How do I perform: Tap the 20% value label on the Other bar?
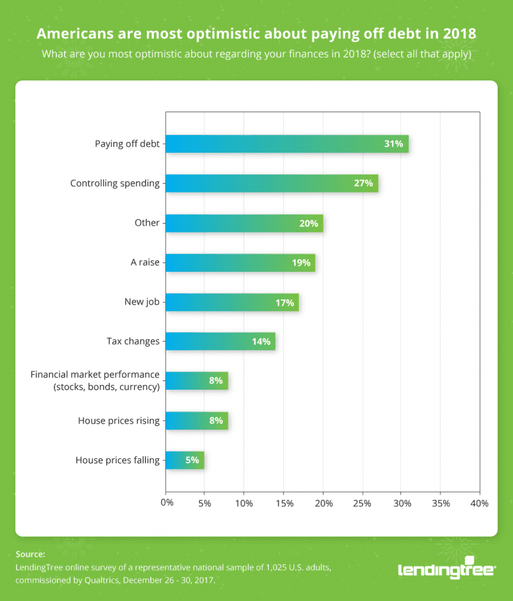point(308,223)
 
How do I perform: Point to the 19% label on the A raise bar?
point(301,262)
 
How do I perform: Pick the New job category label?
point(141,302)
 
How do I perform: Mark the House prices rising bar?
point(196,420)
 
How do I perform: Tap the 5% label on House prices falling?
point(192,460)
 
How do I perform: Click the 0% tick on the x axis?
point(167,503)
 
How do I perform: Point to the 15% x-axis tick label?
point(284,503)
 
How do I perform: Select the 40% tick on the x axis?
point(479,503)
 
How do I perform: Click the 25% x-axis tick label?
point(362,503)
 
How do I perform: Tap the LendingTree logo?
point(447,569)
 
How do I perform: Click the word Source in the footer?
point(30,553)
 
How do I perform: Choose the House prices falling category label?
point(117,460)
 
